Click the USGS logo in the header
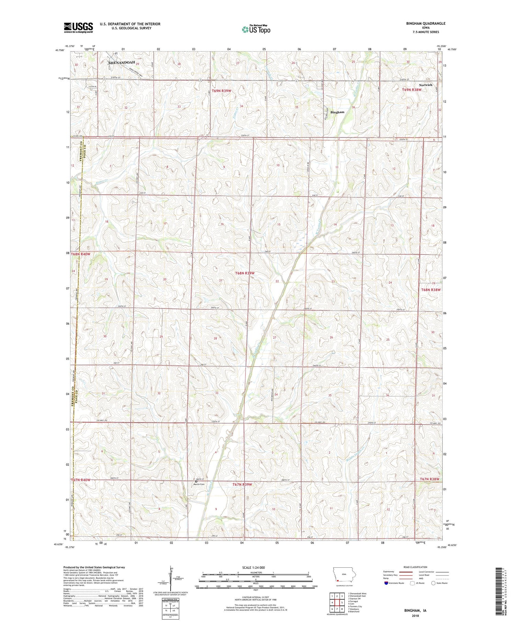[x=78, y=27]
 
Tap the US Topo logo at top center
[x=256, y=29]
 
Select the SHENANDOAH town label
[x=122, y=63]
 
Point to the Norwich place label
[x=425, y=85]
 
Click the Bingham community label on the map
[x=337, y=112]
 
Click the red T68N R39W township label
[x=245, y=273]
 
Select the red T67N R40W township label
[x=81, y=480]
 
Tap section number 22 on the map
[x=277, y=281]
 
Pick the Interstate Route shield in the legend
[x=386, y=583]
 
